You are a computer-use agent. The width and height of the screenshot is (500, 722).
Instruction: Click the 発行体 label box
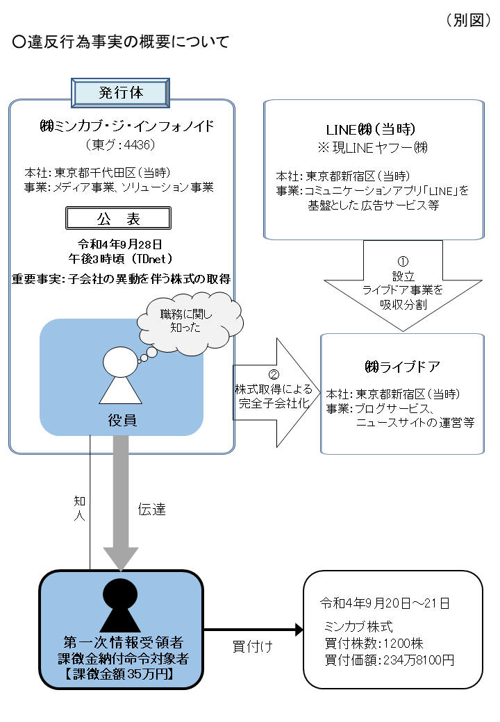121,92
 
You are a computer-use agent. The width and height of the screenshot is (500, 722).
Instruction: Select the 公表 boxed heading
117,219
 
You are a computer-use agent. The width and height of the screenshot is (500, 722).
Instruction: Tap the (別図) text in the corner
469,20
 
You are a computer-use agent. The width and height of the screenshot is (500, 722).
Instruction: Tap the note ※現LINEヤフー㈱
373,147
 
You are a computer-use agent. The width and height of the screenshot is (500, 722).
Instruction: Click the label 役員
121,419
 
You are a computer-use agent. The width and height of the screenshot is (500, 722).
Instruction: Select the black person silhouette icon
121,604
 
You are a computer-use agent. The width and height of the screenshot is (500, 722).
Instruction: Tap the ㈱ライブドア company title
403,366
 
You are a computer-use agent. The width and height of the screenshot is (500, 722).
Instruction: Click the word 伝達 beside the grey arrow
151,508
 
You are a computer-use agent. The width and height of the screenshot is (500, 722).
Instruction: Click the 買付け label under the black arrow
251,646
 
